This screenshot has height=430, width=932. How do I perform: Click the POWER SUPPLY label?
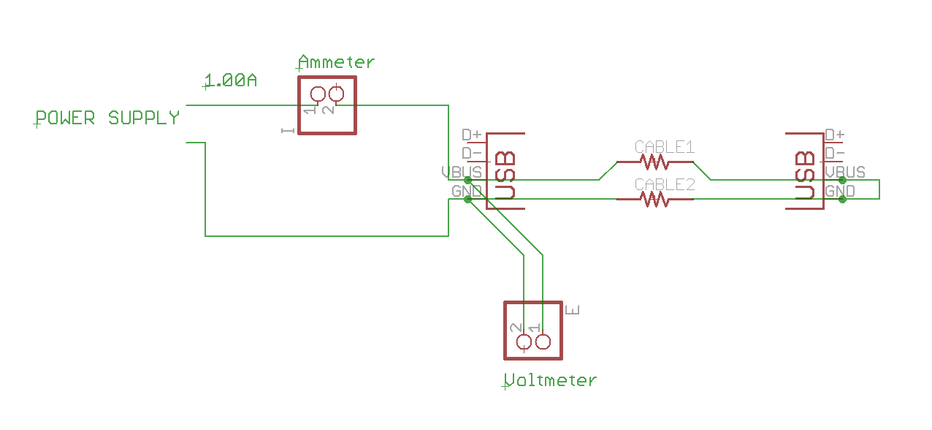(x=108, y=118)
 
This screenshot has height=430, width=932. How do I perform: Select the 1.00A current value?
(x=230, y=81)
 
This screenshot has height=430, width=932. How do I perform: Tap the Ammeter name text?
(x=337, y=63)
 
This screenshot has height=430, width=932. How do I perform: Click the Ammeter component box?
(x=326, y=105)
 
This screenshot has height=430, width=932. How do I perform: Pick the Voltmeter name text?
(x=551, y=380)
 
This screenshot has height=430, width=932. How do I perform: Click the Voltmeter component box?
(x=533, y=331)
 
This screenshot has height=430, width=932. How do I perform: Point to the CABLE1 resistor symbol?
(x=654, y=160)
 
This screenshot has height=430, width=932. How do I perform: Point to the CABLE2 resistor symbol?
(x=654, y=198)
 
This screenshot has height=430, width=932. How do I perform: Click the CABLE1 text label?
(x=664, y=147)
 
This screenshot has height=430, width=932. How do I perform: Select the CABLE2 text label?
(x=664, y=184)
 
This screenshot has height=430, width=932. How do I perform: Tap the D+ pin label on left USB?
(x=472, y=135)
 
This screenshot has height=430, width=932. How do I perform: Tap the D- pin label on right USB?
(x=835, y=154)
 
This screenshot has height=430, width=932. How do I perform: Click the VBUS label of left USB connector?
(x=462, y=173)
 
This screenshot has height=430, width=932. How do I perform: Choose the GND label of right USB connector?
(x=840, y=191)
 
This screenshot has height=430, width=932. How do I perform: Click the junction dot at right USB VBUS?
(x=842, y=180)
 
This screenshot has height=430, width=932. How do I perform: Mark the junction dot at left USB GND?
(x=468, y=199)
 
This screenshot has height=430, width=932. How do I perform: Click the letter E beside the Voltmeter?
(x=573, y=309)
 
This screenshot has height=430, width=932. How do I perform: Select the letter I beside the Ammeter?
(x=288, y=130)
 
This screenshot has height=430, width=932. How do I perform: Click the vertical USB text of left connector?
(x=505, y=176)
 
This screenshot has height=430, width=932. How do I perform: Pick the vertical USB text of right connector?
(x=805, y=176)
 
